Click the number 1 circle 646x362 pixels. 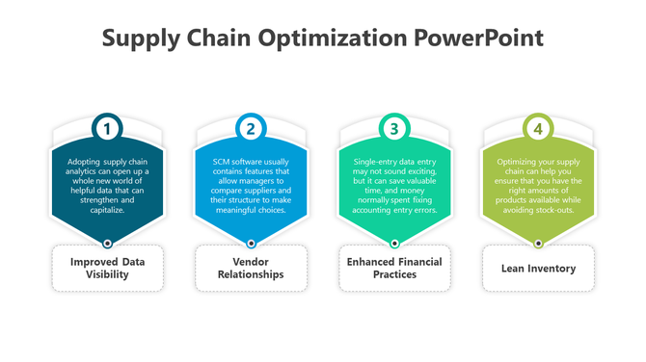point(107,128)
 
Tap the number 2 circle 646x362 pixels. point(251,128)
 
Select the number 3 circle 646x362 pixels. point(394,128)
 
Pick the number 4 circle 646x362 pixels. point(538,128)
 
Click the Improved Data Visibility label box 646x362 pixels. point(107,268)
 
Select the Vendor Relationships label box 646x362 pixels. point(251,268)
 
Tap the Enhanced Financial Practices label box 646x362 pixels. point(394,268)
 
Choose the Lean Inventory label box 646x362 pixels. point(538,268)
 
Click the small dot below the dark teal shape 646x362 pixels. point(107,244)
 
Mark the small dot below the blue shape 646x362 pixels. point(251,244)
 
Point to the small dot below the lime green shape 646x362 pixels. point(538,244)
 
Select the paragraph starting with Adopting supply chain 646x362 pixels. point(107,185)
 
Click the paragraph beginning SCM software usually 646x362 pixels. point(251,185)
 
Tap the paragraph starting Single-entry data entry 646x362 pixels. point(394,185)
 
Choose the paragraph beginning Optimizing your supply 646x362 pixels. point(538,185)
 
